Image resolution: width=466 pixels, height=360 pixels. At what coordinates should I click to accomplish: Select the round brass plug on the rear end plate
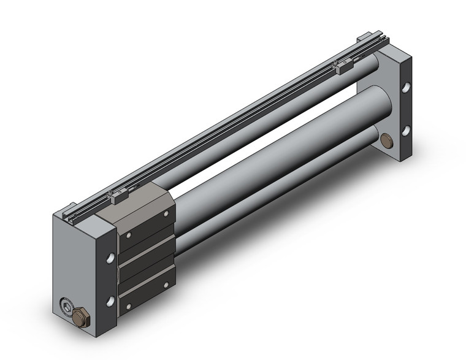click(x=388, y=142)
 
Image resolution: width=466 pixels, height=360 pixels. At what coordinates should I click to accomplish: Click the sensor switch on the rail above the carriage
click(x=115, y=196)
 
